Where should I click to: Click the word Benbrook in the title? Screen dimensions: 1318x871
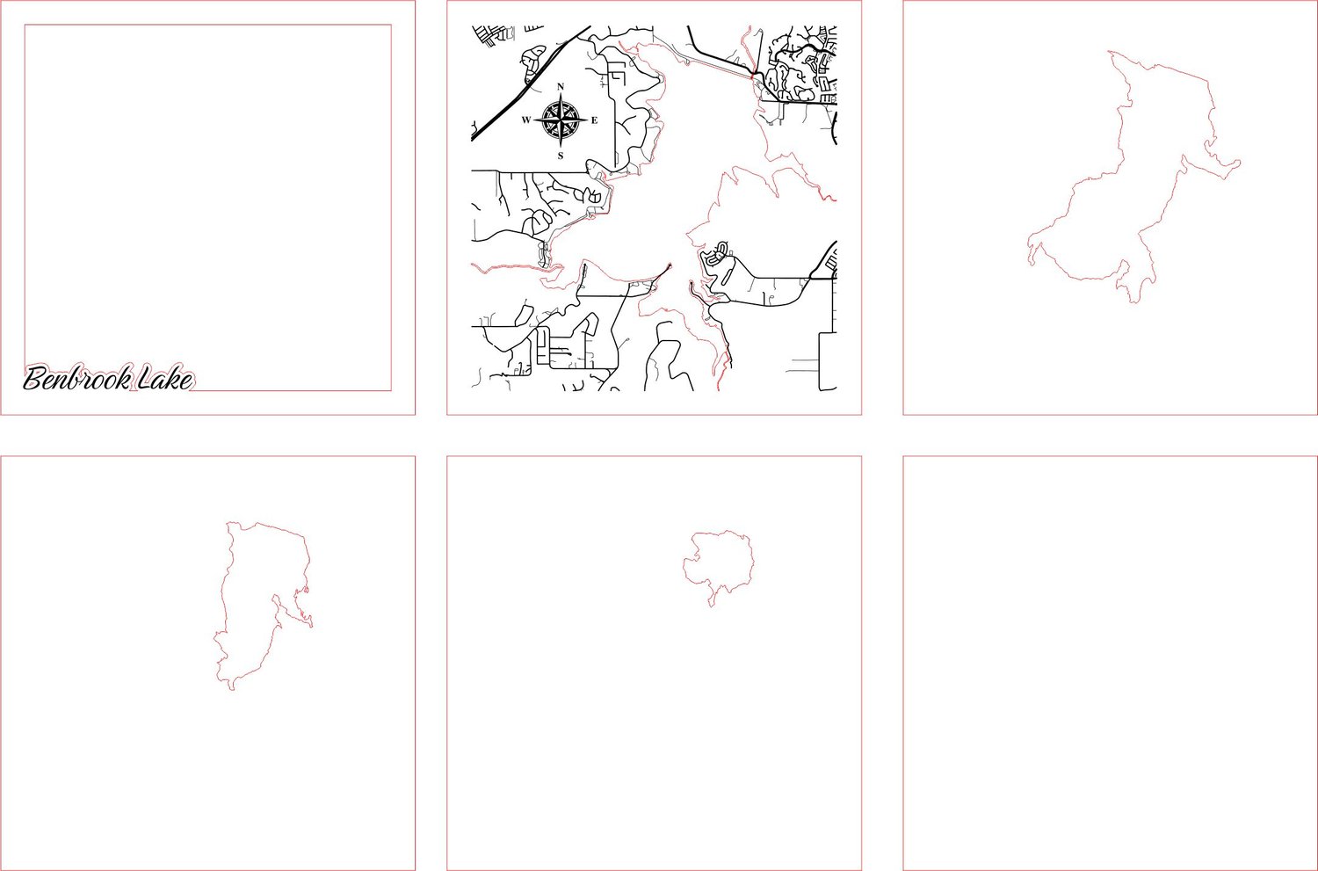[x=76, y=378]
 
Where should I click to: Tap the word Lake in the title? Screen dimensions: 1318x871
[x=165, y=378]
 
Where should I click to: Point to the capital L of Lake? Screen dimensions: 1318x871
[x=147, y=378]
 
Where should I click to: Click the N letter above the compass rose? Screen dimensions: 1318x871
[x=561, y=86]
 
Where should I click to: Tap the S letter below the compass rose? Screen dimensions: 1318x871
[x=561, y=156]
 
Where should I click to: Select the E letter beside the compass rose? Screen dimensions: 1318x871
[x=594, y=120]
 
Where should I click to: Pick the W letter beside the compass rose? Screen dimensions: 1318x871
[x=526, y=120]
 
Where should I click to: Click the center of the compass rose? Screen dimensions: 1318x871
[x=561, y=120]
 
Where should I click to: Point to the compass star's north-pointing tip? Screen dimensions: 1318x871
[x=561, y=93]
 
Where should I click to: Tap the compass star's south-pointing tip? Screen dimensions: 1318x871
[x=561, y=148]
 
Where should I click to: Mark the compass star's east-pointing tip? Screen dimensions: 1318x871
[x=587, y=120]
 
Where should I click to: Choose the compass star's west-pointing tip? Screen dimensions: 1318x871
[x=534, y=120]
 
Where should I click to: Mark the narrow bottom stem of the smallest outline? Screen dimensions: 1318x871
[x=713, y=599]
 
